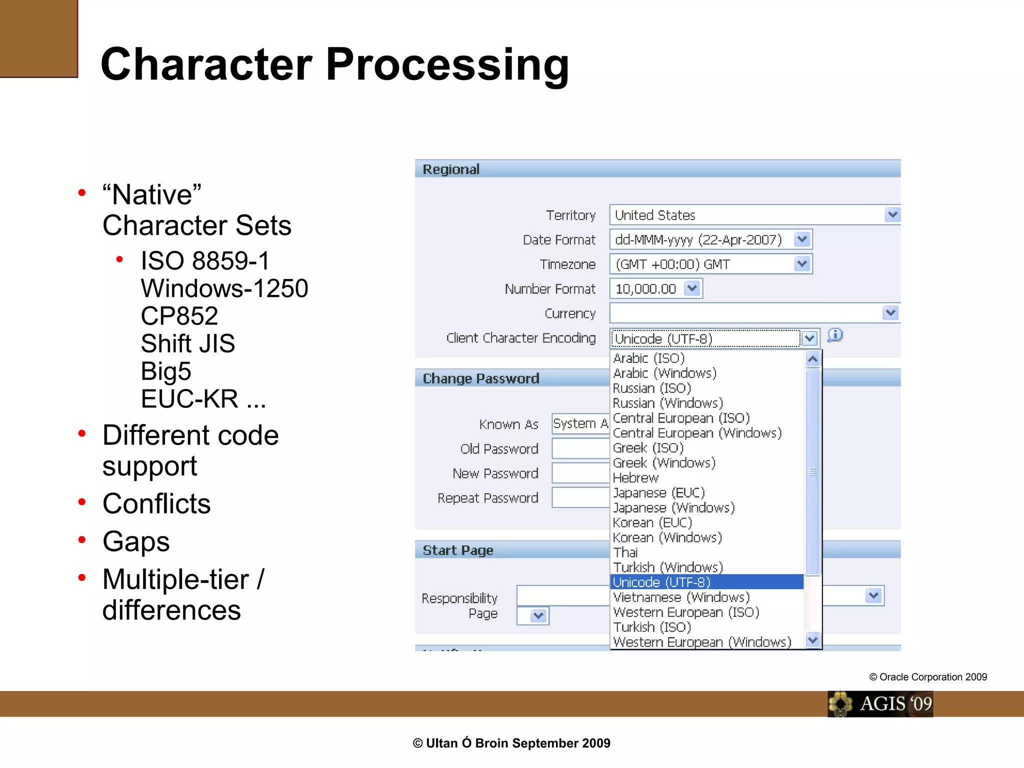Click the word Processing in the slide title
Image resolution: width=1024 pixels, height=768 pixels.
447,65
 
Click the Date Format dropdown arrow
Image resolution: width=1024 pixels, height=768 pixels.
802,239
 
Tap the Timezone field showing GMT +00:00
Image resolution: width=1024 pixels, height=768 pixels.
702,264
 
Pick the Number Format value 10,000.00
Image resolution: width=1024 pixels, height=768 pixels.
646,289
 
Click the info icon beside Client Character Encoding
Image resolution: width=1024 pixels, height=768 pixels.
834,335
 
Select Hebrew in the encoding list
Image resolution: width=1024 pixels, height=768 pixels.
636,478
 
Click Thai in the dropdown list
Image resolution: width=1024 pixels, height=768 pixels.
626,552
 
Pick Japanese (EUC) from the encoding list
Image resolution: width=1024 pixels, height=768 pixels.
658,493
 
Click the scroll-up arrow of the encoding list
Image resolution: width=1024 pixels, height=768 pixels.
812,359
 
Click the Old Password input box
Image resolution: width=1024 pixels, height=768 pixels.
580,448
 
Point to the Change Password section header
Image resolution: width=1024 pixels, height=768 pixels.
481,378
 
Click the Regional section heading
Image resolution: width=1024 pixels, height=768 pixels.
451,169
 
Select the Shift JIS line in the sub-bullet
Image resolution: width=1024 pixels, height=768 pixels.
188,343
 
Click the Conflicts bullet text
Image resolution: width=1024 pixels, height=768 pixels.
156,503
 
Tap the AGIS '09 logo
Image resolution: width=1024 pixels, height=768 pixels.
880,704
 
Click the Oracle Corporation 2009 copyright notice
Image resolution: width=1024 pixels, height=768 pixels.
928,677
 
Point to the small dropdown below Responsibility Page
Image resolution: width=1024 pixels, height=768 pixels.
533,615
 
